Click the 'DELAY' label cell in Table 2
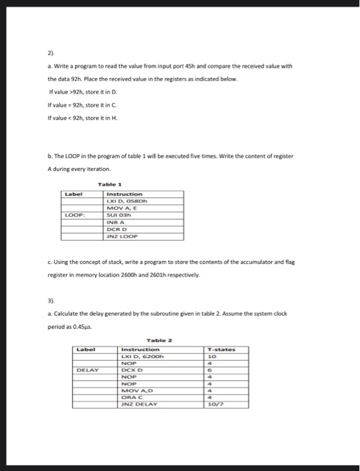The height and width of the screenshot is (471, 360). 88,369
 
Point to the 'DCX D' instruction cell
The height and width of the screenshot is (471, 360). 133,369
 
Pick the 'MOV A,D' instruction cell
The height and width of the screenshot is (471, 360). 137,390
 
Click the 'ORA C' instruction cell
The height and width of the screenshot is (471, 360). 133,397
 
